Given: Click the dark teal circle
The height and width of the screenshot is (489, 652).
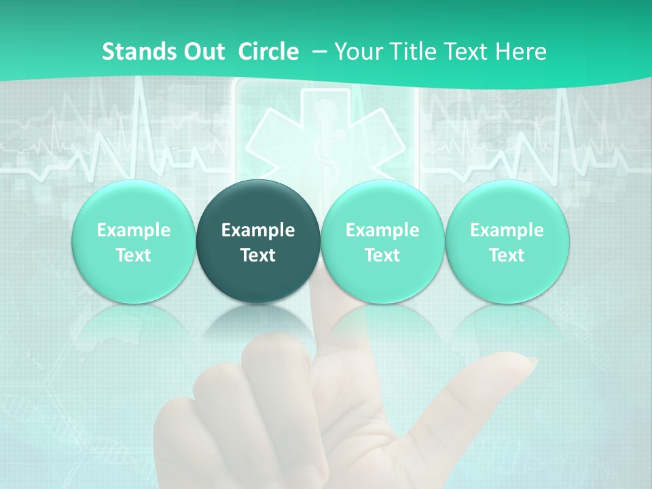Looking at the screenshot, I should (258, 242).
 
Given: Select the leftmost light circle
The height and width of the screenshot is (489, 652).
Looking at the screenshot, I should (133, 242).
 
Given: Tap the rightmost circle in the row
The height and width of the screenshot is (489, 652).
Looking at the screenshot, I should (507, 242).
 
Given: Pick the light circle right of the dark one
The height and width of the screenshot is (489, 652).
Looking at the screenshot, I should (382, 242).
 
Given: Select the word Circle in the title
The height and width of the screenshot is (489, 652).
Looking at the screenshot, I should (268, 52).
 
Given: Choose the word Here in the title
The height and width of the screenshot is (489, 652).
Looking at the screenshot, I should (520, 52).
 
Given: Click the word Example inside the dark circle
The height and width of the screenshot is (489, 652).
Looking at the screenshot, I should (258, 230).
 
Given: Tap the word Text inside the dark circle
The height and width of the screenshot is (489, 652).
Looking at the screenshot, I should (258, 255).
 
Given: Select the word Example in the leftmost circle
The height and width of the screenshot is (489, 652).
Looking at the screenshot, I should (133, 230).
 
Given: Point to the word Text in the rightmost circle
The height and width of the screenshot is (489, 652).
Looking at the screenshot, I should (507, 255).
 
